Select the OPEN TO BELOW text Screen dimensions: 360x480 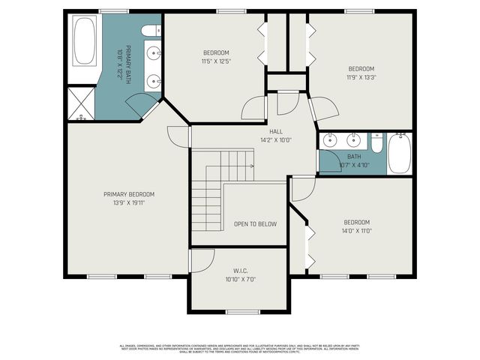255,223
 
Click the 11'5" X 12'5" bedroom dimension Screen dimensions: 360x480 215,61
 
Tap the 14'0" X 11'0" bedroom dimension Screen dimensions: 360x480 356,231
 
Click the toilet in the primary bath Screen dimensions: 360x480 153,31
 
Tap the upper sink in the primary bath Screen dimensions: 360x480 154,52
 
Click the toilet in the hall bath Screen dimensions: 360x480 377,142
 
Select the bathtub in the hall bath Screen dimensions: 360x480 400,154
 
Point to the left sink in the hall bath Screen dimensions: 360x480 329,140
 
